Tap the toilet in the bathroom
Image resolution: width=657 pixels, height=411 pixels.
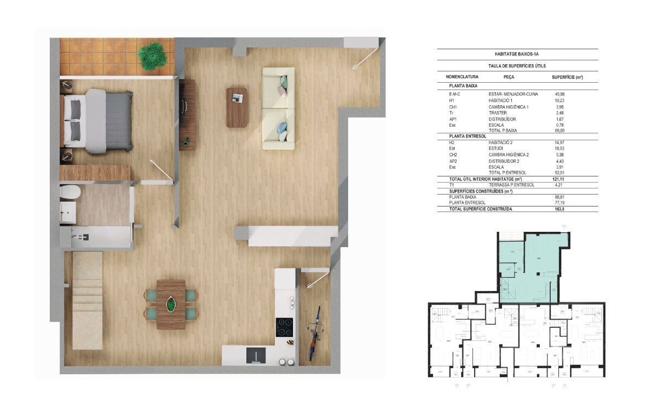(x=70, y=192)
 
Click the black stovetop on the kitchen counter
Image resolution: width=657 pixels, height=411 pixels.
(x=284, y=327)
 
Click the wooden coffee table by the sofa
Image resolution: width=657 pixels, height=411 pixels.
(x=237, y=107)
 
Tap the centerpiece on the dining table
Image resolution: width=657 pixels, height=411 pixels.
(x=171, y=304)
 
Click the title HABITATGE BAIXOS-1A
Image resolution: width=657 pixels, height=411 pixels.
(x=517, y=54)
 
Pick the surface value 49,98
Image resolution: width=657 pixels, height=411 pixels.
(x=560, y=94)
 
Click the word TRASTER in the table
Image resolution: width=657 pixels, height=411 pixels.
(x=498, y=113)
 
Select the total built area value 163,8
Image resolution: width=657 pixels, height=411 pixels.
(x=559, y=209)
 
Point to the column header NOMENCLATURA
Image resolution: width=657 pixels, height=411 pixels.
(x=463, y=77)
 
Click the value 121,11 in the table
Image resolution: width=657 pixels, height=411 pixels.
(x=560, y=179)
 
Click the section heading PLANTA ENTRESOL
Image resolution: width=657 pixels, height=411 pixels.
(x=468, y=136)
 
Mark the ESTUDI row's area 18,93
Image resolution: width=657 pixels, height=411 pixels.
(x=560, y=149)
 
